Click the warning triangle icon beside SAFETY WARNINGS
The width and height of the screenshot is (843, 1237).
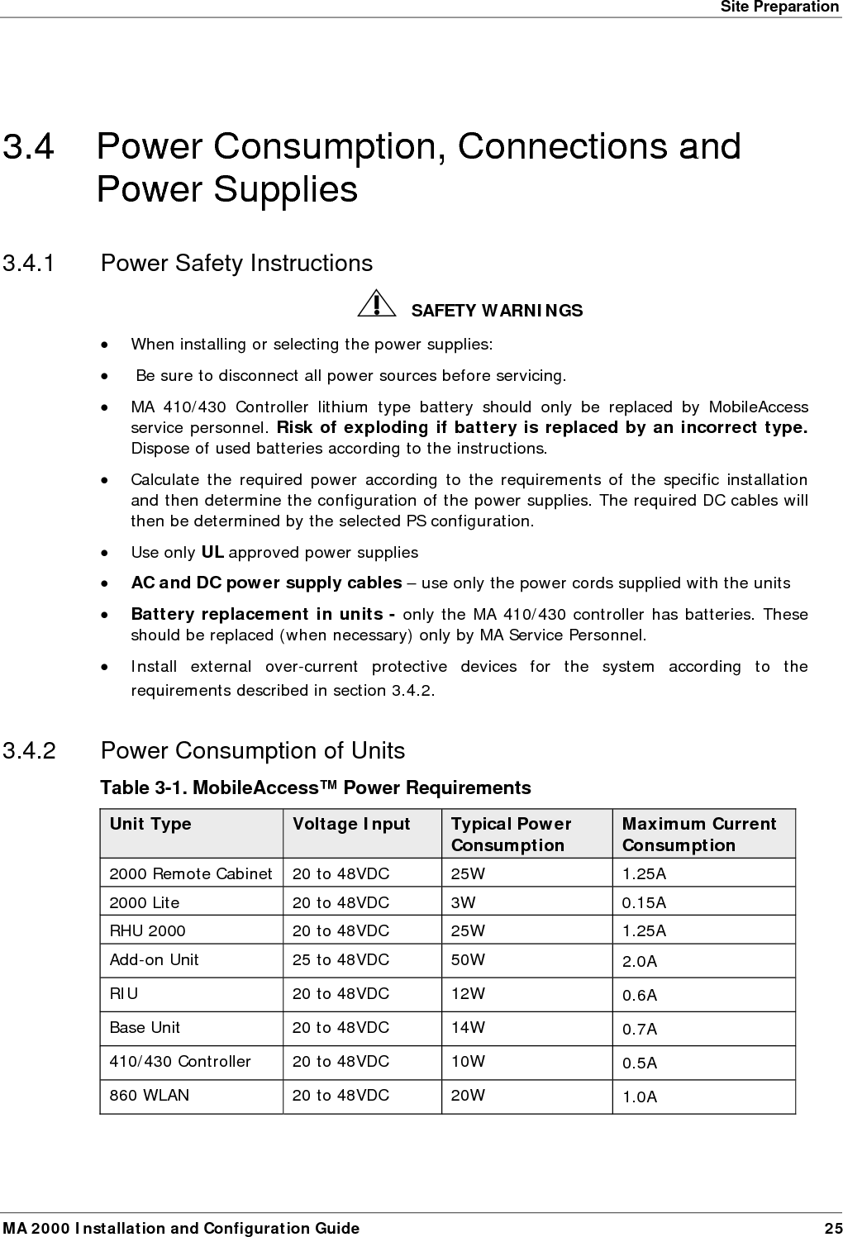pos(376,304)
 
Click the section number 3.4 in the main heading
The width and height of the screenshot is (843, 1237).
pos(29,147)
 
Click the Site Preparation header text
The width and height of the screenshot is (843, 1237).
pos(779,7)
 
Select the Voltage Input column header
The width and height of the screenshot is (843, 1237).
pos(351,824)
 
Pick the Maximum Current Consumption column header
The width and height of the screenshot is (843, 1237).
pos(698,834)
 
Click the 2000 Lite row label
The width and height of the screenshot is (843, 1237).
pos(145,902)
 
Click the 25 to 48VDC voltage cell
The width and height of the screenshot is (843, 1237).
pos(341,960)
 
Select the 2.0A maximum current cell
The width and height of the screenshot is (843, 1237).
pos(640,962)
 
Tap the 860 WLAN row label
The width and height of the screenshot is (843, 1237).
pos(150,1095)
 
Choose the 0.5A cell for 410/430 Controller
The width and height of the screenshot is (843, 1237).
pos(640,1063)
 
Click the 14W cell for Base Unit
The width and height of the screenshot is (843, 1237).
pos(468,1028)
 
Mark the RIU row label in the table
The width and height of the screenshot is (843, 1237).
pos(124,994)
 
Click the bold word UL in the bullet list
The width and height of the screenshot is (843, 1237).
pos(212,552)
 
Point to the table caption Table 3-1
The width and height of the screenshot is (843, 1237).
pos(315,787)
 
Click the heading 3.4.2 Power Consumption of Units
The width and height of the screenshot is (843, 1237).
pos(252,751)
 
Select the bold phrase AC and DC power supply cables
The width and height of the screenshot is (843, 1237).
pos(266,583)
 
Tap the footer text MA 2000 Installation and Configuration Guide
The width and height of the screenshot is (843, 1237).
pos(181,1228)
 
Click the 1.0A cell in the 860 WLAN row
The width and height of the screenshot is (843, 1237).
pos(640,1097)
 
